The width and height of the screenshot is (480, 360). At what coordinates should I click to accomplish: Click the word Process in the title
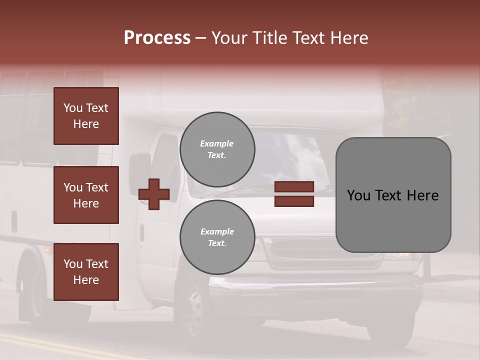[x=157, y=38]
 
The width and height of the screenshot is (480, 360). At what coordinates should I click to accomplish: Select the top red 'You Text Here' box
[x=86, y=116]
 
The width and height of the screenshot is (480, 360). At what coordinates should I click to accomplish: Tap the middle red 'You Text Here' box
[x=86, y=195]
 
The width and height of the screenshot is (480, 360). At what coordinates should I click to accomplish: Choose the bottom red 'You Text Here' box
[x=86, y=272]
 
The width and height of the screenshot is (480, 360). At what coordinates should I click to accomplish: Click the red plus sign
[x=154, y=194]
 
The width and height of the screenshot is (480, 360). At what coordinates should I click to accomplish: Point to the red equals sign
[x=294, y=194]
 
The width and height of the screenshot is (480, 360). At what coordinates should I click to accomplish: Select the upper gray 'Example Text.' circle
[x=217, y=149]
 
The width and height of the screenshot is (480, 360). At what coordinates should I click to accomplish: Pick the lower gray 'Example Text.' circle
[x=217, y=237]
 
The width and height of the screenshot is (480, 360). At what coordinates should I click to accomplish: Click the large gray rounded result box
[x=393, y=195]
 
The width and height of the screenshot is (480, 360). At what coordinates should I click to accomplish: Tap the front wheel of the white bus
[x=192, y=312]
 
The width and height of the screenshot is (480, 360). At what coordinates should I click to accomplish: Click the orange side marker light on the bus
[x=48, y=249]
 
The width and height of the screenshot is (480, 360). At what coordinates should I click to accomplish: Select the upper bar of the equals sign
[x=294, y=186]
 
